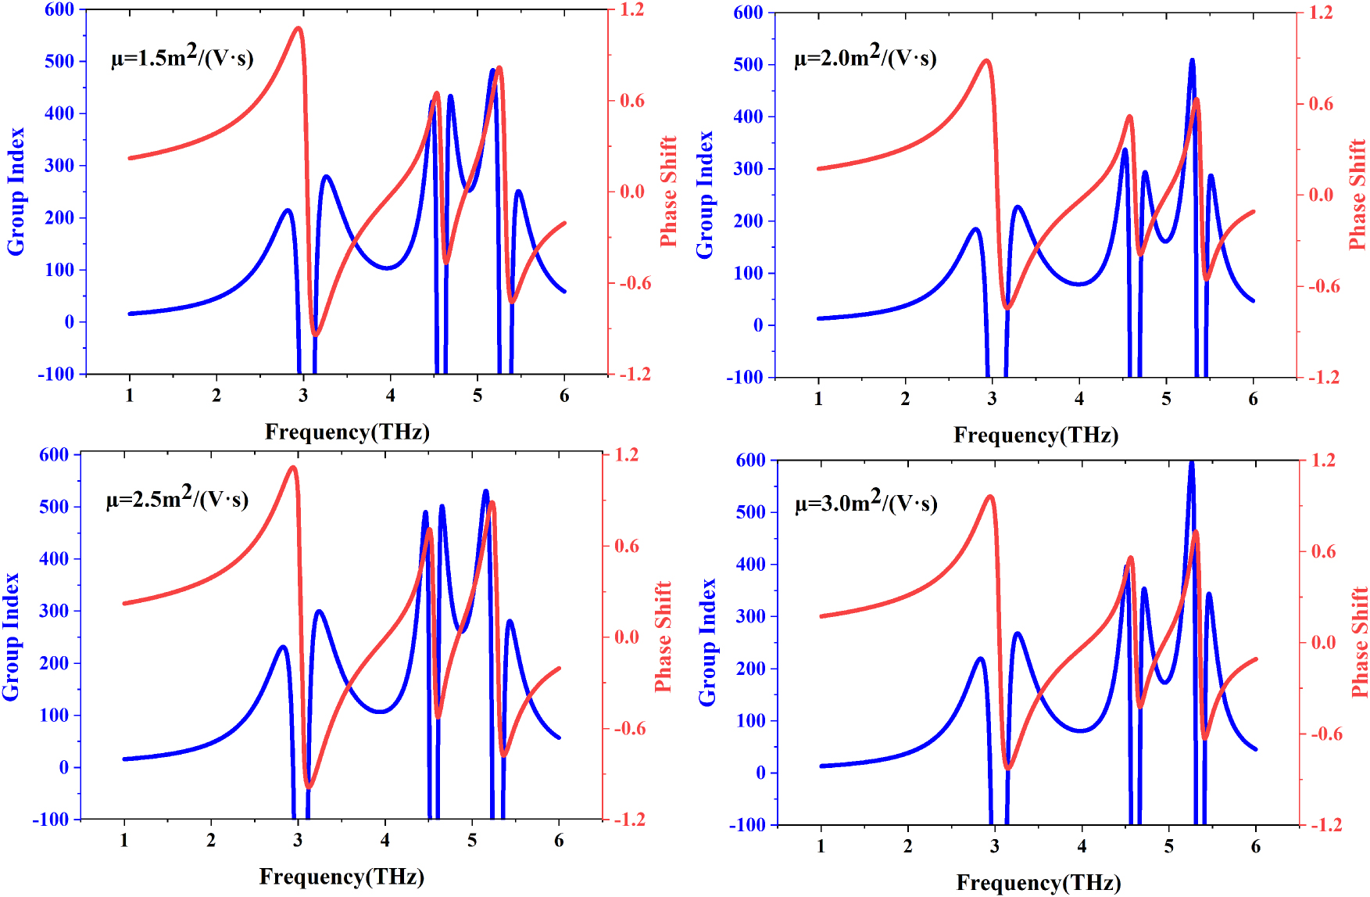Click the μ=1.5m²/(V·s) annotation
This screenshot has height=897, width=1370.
click(x=182, y=56)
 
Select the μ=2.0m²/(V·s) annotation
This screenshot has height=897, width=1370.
click(x=865, y=56)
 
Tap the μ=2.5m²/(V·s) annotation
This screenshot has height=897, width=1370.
click(x=177, y=497)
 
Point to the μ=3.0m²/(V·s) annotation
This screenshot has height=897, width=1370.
click(x=866, y=501)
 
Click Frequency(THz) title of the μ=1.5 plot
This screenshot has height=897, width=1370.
click(x=347, y=432)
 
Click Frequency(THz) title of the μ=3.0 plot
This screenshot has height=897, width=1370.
click(x=1039, y=883)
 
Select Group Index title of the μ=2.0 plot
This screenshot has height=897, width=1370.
click(x=705, y=195)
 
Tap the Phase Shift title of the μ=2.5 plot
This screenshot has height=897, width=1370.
click(x=664, y=636)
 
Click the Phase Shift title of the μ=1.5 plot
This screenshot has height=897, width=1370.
click(x=668, y=192)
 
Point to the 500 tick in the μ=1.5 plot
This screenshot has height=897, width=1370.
click(x=59, y=61)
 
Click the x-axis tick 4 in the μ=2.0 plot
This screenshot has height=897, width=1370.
click(x=1079, y=399)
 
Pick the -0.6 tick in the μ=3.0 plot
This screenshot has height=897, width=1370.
click(x=1325, y=734)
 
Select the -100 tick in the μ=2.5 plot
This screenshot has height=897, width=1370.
click(x=51, y=820)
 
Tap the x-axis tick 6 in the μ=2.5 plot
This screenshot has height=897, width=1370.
click(x=559, y=841)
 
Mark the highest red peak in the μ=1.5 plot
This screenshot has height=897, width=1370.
click(x=299, y=29)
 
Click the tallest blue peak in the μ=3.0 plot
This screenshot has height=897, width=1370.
click(x=1191, y=463)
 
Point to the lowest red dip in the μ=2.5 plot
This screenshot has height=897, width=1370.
click(x=309, y=786)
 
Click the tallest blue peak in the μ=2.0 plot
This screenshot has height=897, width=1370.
click(x=1192, y=60)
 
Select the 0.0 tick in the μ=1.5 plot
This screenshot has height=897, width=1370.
click(x=631, y=192)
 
